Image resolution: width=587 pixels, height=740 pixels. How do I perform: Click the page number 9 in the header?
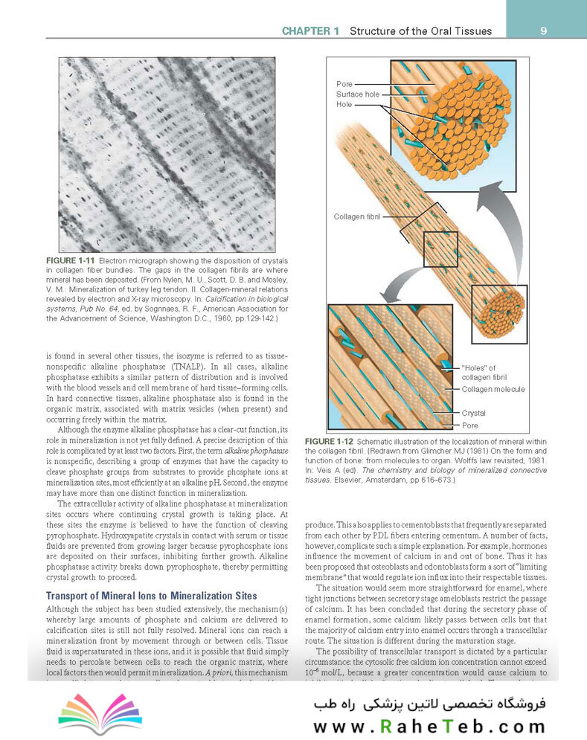click(544, 30)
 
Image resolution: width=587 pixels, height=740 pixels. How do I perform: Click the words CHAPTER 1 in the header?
click(310, 31)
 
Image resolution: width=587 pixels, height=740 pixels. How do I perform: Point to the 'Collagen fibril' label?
click(356, 216)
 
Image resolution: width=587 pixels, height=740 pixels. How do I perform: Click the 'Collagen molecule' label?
click(493, 389)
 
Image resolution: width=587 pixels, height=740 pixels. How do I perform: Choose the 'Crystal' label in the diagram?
click(475, 413)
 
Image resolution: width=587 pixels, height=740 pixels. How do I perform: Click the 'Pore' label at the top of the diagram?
click(344, 84)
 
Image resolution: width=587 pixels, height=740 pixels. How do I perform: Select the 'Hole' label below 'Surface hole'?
click(344, 105)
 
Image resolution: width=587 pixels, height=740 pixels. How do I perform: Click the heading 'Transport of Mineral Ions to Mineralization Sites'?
click(152, 596)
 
